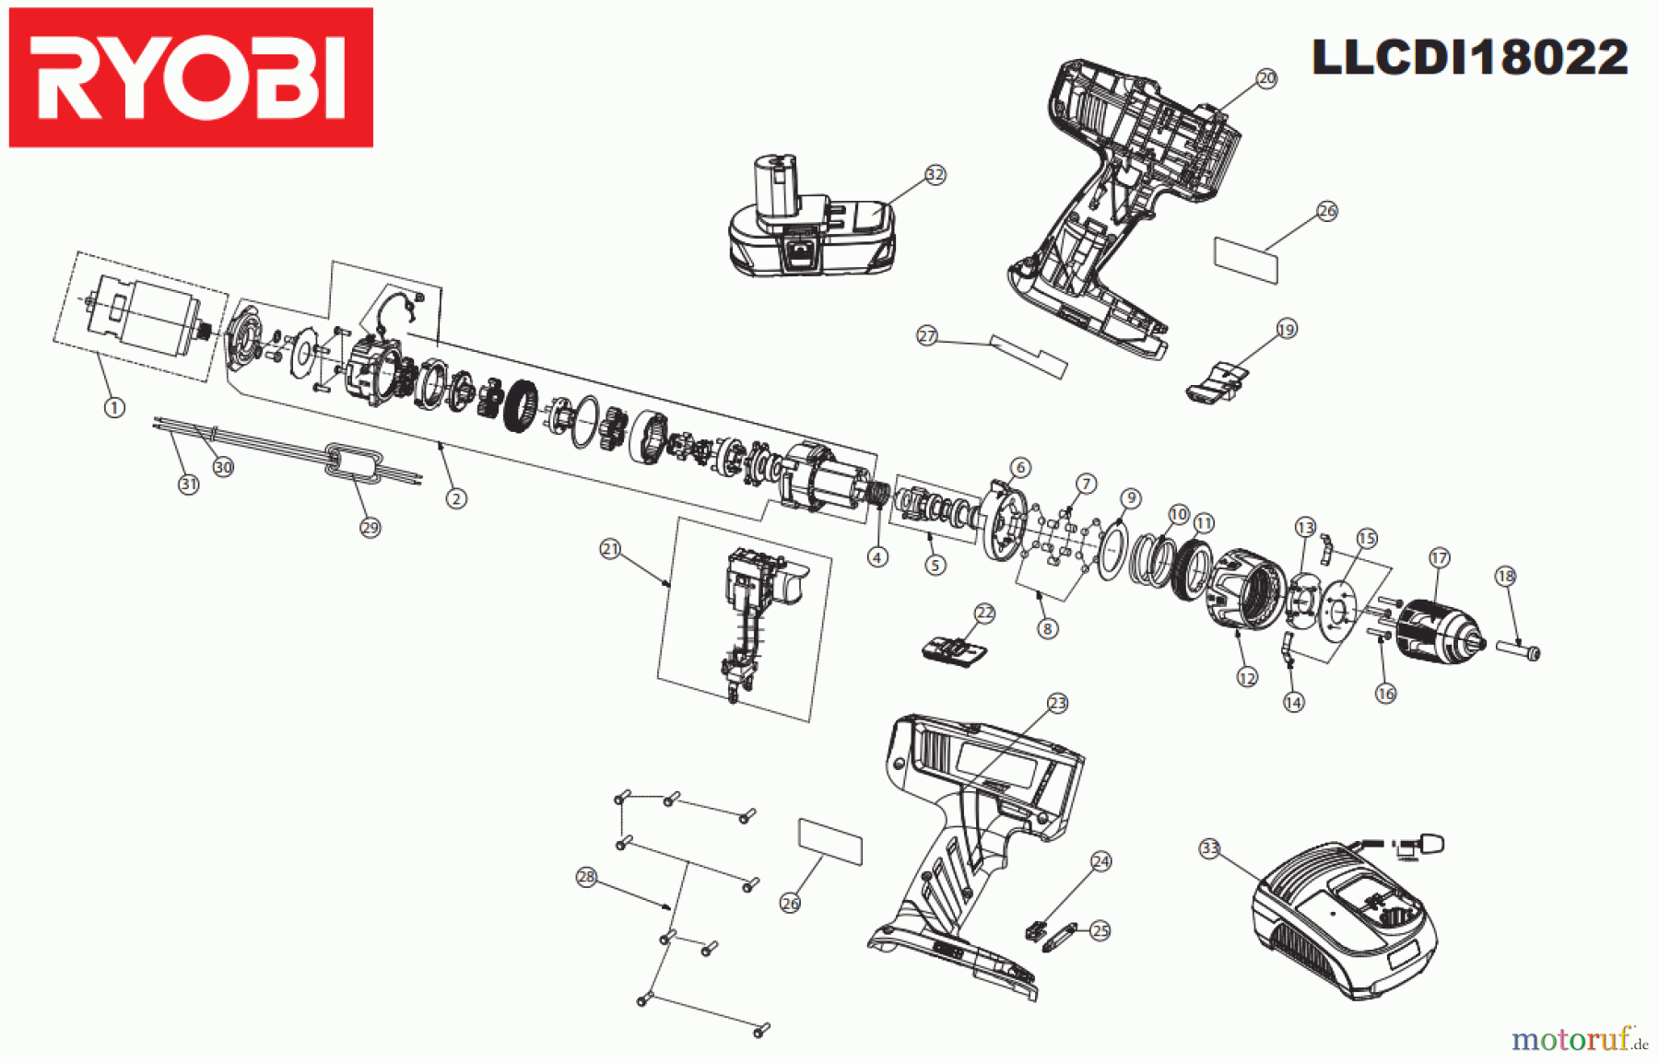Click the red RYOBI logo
[x=191, y=77]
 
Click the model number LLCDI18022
[x=1469, y=57]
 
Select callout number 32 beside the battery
[x=935, y=174]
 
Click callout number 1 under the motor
[x=114, y=407]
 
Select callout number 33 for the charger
[x=1209, y=848]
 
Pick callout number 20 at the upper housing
[x=1266, y=78]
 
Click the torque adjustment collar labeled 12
[x=1244, y=590]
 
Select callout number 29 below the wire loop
[x=370, y=528]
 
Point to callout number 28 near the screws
[x=586, y=876]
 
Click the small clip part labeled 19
[x=1215, y=381]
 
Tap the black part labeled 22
[x=955, y=649]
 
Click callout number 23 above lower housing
[x=1056, y=703]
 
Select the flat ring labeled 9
[x=1113, y=549]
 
